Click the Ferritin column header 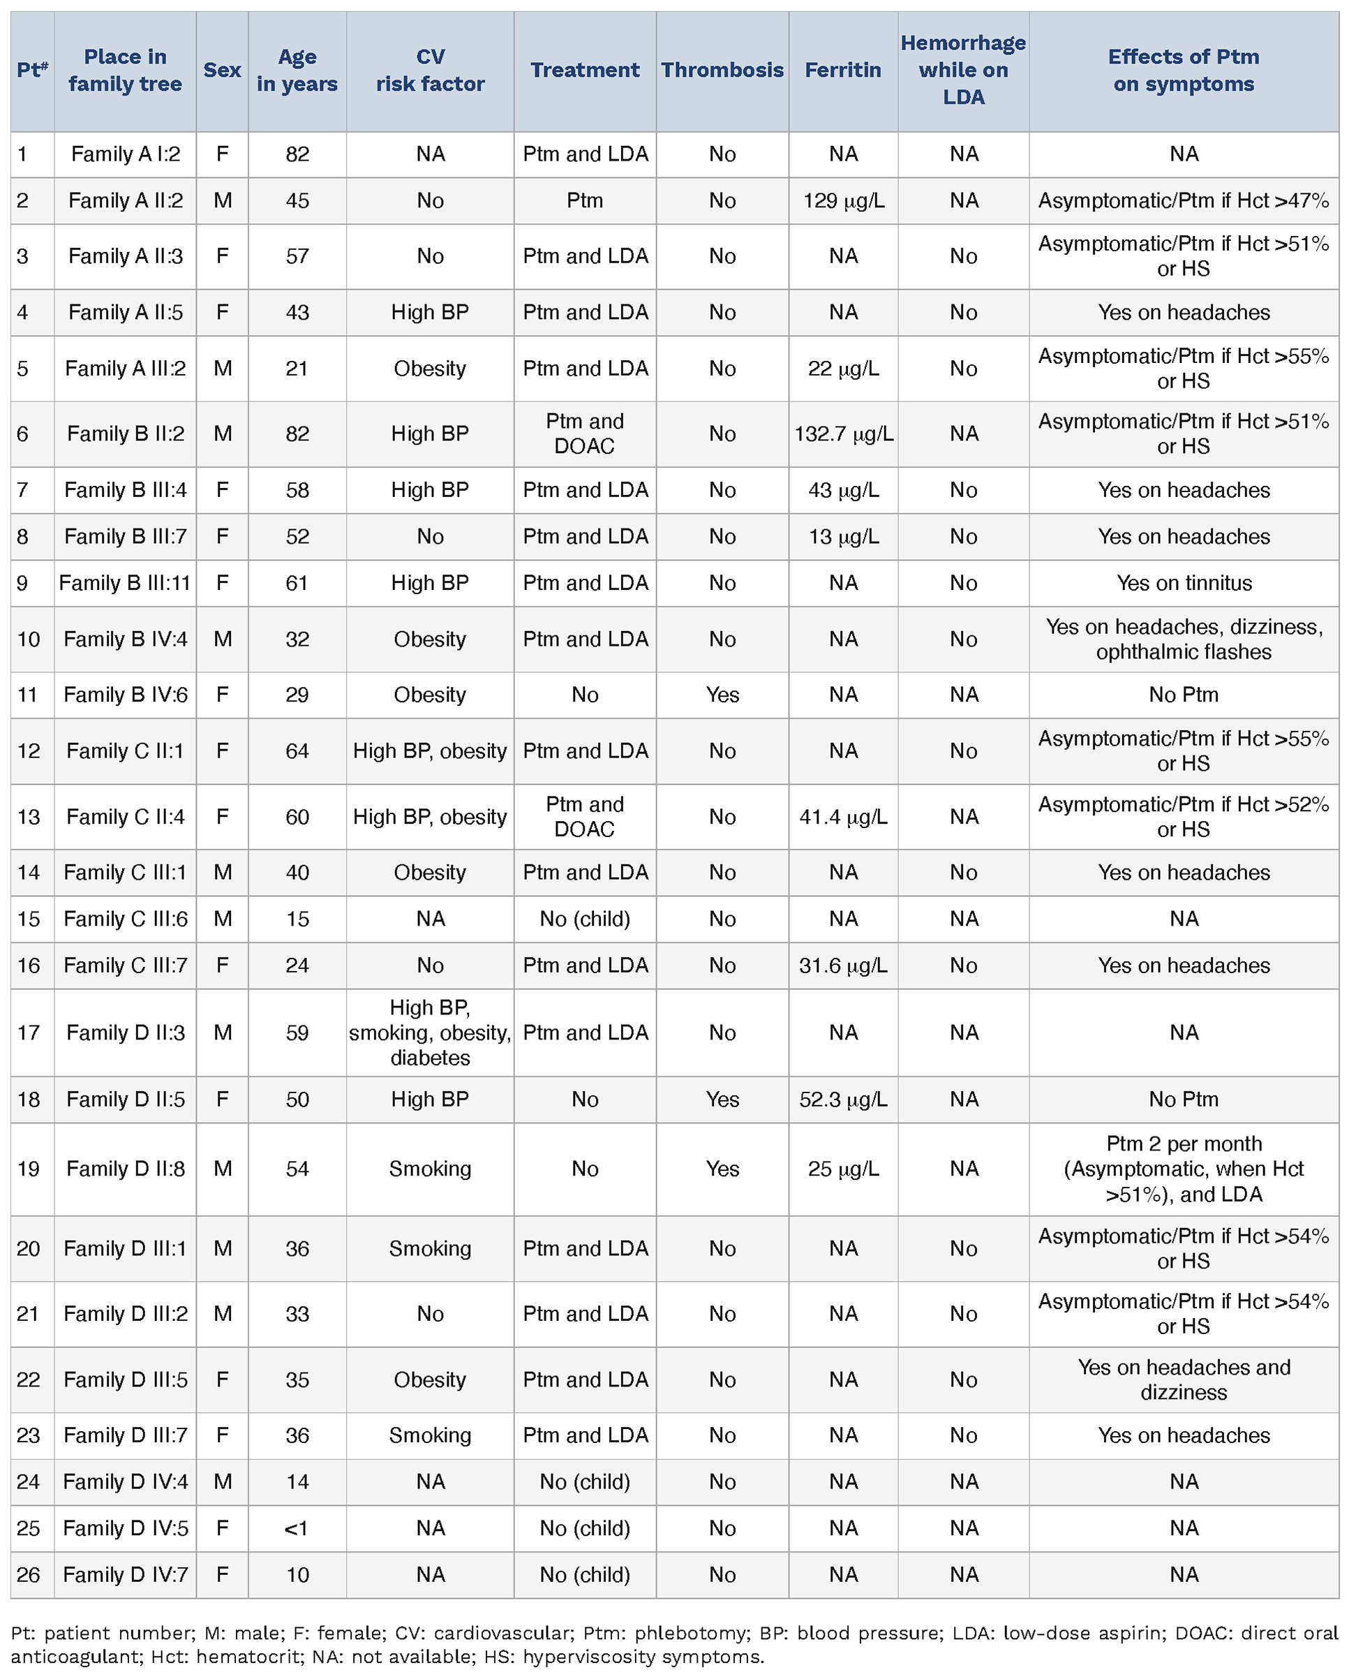click(x=842, y=70)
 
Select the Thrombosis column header click(x=722, y=70)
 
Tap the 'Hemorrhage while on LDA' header click(x=963, y=70)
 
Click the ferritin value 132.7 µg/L click(x=843, y=434)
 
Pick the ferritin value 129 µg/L click(x=843, y=201)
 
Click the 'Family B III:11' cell click(x=124, y=584)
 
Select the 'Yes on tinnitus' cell click(x=1183, y=584)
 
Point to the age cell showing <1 click(x=297, y=1528)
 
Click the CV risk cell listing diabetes click(x=430, y=1033)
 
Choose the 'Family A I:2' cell click(x=124, y=154)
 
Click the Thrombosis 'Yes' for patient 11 click(x=722, y=695)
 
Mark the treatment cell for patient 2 click(x=584, y=201)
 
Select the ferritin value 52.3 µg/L click(x=843, y=1100)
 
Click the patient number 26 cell click(x=28, y=1575)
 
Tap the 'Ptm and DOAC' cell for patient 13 click(x=584, y=817)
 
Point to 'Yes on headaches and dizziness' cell click(x=1183, y=1380)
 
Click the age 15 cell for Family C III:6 click(x=297, y=919)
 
